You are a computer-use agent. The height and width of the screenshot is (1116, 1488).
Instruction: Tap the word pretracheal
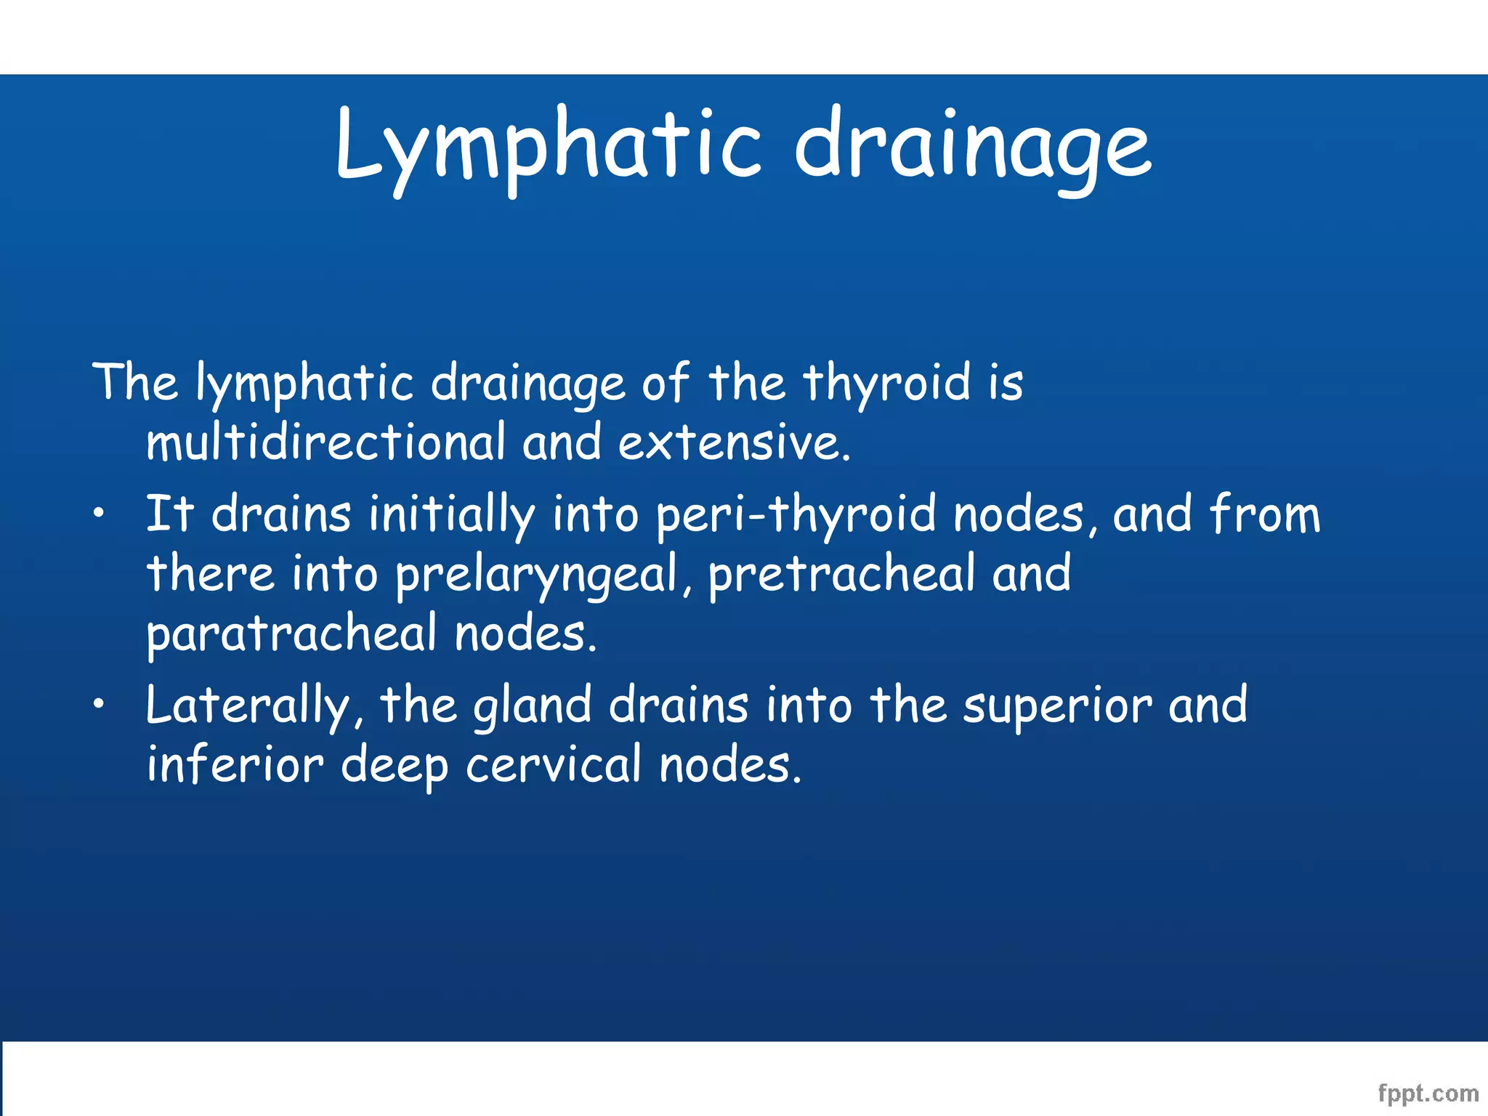[841, 574]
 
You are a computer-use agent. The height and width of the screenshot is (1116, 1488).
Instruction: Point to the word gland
[532, 706]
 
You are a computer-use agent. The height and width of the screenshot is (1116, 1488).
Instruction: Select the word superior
[1057, 706]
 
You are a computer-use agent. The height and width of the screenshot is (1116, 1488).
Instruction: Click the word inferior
[235, 766]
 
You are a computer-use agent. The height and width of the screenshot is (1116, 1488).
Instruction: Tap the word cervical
[554, 766]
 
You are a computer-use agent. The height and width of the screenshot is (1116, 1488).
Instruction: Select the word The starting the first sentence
[135, 382]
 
